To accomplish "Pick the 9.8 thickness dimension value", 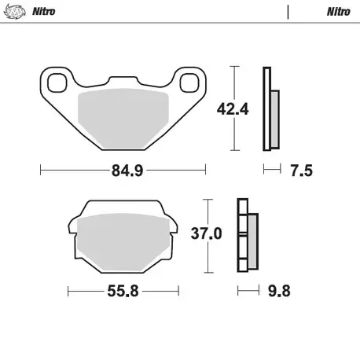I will (279, 292).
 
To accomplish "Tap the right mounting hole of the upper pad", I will (189, 82).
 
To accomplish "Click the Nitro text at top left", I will (44, 12).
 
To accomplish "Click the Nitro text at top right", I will (339, 12).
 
